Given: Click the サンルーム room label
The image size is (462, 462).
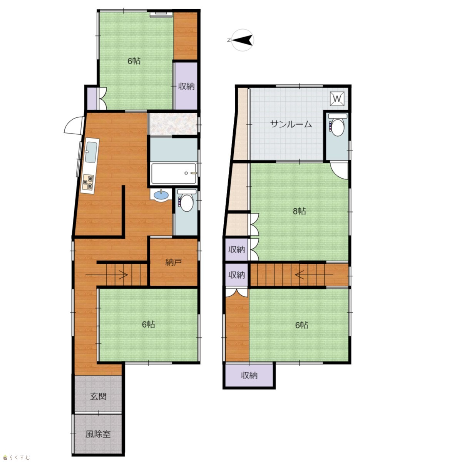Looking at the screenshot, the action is click(x=291, y=124).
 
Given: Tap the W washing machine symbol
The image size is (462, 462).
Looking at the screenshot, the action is click(x=337, y=99).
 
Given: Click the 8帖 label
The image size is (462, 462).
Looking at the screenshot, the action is click(x=299, y=211).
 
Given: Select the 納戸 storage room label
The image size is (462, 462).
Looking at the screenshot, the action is click(x=173, y=263).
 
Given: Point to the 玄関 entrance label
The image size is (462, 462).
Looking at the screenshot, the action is click(x=98, y=396).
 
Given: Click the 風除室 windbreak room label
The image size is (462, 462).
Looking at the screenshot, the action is click(x=98, y=434).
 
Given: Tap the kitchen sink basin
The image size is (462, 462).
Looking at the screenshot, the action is click(x=91, y=152).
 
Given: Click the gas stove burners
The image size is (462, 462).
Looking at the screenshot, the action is click(x=88, y=182).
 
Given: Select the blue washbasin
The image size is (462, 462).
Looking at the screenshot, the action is click(x=161, y=195).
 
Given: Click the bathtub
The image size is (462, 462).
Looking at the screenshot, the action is click(x=173, y=173).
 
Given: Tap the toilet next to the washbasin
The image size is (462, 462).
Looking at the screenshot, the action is click(x=186, y=200).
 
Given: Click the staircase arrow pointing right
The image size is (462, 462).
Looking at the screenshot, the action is click(x=106, y=275).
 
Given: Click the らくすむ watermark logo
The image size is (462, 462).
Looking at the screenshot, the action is click(x=17, y=457).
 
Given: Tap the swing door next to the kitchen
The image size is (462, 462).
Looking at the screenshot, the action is click(x=74, y=126).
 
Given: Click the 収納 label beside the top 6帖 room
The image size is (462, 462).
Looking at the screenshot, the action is click(x=186, y=86).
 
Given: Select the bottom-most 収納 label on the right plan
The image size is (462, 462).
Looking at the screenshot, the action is click(x=249, y=375).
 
